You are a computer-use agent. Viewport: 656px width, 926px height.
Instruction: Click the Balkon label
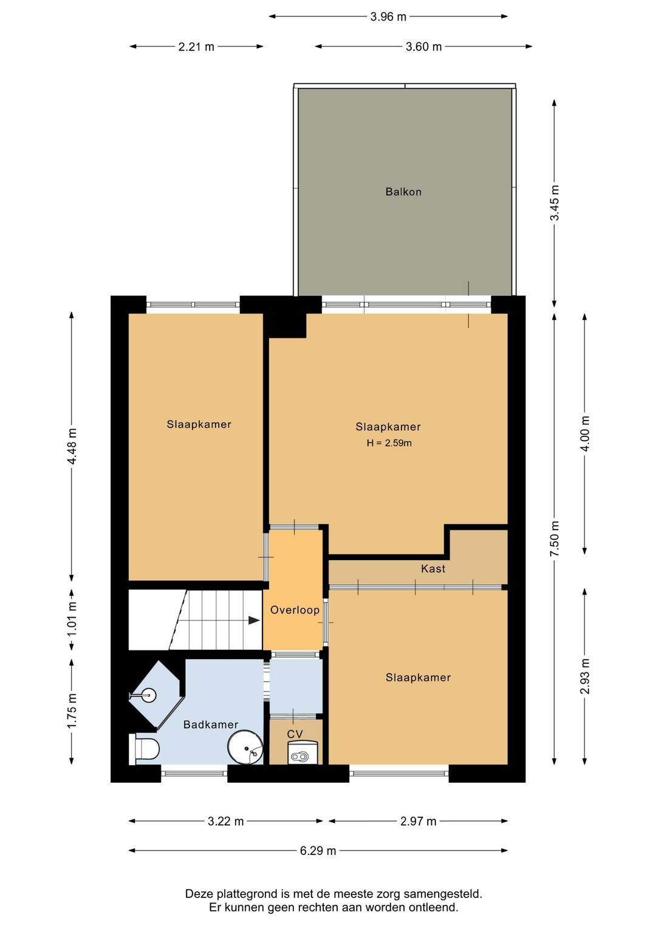pyautogui.click(x=403, y=192)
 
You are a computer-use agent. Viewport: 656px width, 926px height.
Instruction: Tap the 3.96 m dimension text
pyautogui.click(x=388, y=17)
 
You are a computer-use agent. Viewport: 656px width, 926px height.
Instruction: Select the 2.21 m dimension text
pyautogui.click(x=196, y=47)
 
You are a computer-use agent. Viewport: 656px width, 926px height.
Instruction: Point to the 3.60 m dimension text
pyautogui.click(x=423, y=47)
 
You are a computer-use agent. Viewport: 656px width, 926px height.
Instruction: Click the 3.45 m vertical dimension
pyautogui.click(x=554, y=203)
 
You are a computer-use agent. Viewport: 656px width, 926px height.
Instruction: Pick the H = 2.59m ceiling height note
pyautogui.click(x=389, y=443)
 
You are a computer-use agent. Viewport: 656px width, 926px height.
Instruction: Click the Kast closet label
pyautogui.click(x=433, y=569)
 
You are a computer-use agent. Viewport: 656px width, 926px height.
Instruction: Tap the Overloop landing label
pyautogui.click(x=295, y=610)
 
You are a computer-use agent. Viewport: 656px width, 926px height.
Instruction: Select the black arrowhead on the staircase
pyautogui.click(x=254, y=621)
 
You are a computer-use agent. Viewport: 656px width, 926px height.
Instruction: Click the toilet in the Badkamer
pyautogui.click(x=144, y=748)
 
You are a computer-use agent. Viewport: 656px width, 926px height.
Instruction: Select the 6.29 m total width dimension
pyautogui.click(x=318, y=851)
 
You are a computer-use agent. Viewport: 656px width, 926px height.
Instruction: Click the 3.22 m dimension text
pyautogui.click(x=225, y=822)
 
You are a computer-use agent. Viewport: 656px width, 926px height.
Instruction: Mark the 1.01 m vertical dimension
pyautogui.click(x=72, y=621)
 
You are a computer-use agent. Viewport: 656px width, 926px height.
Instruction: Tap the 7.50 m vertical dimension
pyautogui.click(x=554, y=538)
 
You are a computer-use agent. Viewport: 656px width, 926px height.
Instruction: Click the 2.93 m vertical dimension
pyautogui.click(x=584, y=676)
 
